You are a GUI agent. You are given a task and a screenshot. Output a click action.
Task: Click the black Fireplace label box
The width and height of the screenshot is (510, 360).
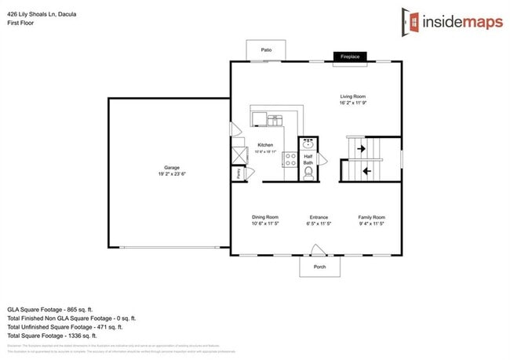[350, 56]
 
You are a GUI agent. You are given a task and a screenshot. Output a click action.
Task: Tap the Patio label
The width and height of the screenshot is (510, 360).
[267, 50]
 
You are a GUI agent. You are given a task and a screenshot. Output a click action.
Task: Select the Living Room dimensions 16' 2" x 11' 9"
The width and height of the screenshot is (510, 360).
[352, 103]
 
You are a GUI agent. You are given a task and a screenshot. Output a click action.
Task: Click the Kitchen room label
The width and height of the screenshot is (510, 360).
[265, 145]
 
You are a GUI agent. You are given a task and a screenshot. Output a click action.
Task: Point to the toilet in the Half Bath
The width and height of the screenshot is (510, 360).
[308, 172]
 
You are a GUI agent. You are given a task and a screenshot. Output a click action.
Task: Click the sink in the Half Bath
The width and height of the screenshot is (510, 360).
[308, 144]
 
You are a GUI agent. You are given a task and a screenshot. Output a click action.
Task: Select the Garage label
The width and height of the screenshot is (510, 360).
[171, 168]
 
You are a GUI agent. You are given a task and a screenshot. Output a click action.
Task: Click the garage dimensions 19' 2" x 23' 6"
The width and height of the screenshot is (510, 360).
[171, 175]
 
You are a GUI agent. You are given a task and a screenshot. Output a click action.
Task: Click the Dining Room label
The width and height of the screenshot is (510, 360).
[264, 217]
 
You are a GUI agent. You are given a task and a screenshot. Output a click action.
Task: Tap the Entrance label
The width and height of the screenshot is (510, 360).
[319, 217]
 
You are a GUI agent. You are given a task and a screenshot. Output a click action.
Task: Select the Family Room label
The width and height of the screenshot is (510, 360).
[372, 217]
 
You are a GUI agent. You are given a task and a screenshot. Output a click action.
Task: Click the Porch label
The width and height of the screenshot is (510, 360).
[319, 267]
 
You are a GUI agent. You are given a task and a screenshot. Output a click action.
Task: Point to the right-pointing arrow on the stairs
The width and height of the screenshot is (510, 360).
[362, 147]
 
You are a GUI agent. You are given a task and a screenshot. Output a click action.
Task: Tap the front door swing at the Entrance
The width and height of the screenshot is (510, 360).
[319, 250]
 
